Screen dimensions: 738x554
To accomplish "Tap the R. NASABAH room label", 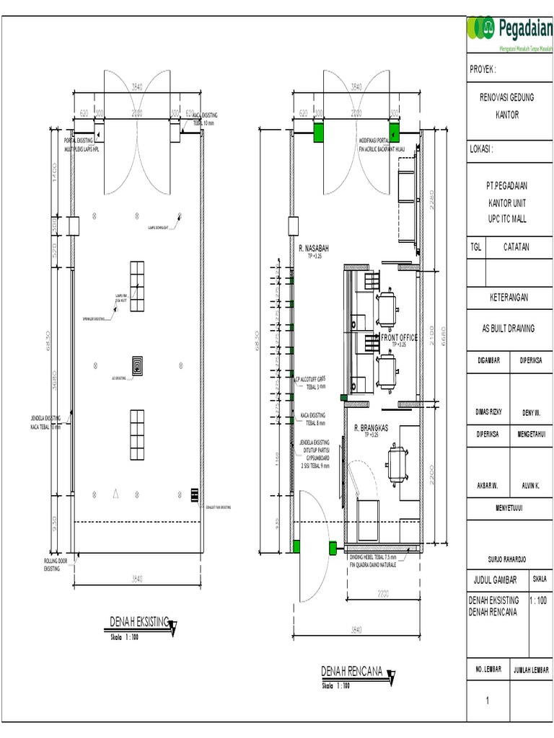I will click(x=315, y=248).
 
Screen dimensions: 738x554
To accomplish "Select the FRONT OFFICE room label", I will click(x=399, y=337).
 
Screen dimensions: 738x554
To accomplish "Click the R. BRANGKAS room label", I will click(x=371, y=428).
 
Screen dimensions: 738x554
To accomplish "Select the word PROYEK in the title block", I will click(x=483, y=70).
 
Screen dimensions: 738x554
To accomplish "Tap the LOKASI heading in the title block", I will click(x=481, y=150).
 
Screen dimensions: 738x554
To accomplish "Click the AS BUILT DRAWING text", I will click(x=508, y=329).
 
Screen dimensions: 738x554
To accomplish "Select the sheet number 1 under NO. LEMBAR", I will click(x=488, y=701).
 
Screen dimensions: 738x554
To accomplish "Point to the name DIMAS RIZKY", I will click(x=488, y=412).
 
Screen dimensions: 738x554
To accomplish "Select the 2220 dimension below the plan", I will click(x=382, y=593).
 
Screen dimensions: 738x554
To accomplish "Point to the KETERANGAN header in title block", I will click(x=508, y=297).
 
